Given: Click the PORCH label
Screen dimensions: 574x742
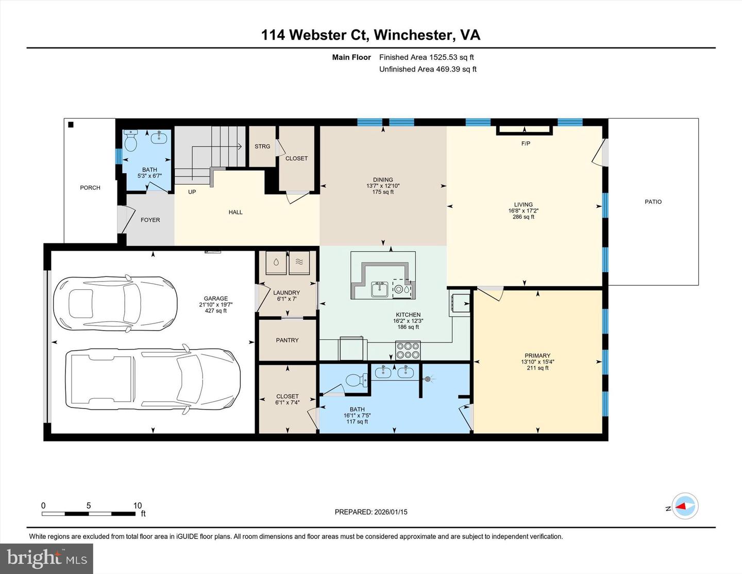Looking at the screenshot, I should [90, 188].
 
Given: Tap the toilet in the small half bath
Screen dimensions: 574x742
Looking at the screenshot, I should [131, 140].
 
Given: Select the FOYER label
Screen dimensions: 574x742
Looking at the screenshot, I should [150, 220].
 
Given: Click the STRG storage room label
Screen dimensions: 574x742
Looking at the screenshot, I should [262, 146].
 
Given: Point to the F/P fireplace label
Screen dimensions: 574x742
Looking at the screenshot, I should [526, 143].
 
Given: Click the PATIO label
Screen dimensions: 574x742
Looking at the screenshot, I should [653, 202].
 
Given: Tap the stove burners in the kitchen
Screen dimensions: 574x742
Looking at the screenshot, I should [408, 350].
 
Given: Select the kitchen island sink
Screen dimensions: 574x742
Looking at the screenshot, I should [380, 289].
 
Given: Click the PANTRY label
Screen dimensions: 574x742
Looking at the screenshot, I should [287, 340].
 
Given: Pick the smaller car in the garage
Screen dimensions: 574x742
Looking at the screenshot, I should [115, 303].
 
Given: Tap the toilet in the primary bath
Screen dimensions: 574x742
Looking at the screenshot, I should [356, 381].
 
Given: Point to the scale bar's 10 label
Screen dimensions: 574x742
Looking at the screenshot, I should [138, 505].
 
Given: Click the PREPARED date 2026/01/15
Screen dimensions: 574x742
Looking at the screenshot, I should [389, 512].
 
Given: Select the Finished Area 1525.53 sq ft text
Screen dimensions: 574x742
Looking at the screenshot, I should [426, 57].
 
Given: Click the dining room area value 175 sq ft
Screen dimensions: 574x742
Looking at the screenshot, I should [383, 192].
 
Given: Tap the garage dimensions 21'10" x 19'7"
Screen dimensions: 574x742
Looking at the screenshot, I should [215, 305].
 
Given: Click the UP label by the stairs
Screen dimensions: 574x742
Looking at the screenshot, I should [192, 192].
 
